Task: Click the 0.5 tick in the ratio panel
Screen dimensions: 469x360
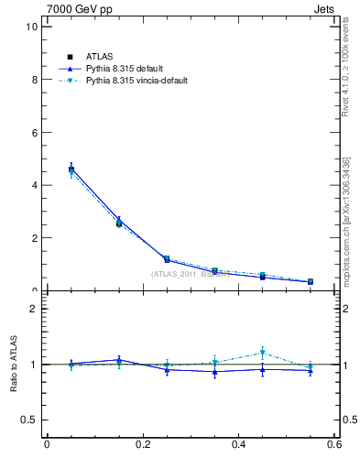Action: click(x=29, y=420)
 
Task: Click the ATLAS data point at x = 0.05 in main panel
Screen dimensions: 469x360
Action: click(x=71, y=169)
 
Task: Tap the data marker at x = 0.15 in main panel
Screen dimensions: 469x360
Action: click(x=119, y=223)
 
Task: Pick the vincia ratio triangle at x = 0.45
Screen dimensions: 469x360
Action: click(x=263, y=353)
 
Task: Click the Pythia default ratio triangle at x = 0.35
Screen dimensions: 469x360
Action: click(x=214, y=371)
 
